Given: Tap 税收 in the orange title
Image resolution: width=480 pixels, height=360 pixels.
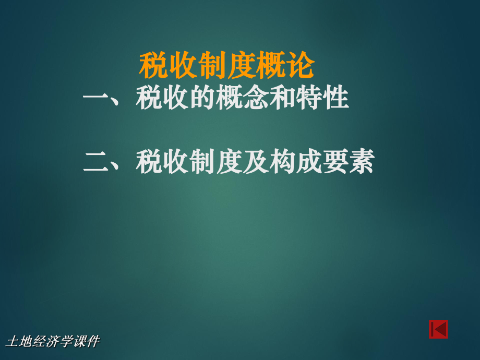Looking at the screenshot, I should [167, 66].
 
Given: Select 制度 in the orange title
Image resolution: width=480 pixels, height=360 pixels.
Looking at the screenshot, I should [227, 66].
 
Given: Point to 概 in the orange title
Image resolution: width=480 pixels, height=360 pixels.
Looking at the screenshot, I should [271, 66].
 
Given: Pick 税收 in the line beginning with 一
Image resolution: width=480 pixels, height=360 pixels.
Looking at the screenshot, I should [162, 98].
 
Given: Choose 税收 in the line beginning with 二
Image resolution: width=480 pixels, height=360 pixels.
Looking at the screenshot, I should [162, 162].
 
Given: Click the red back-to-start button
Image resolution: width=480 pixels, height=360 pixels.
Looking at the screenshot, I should [438, 330].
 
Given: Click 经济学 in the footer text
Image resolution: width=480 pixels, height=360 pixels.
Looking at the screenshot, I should [52, 342].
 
